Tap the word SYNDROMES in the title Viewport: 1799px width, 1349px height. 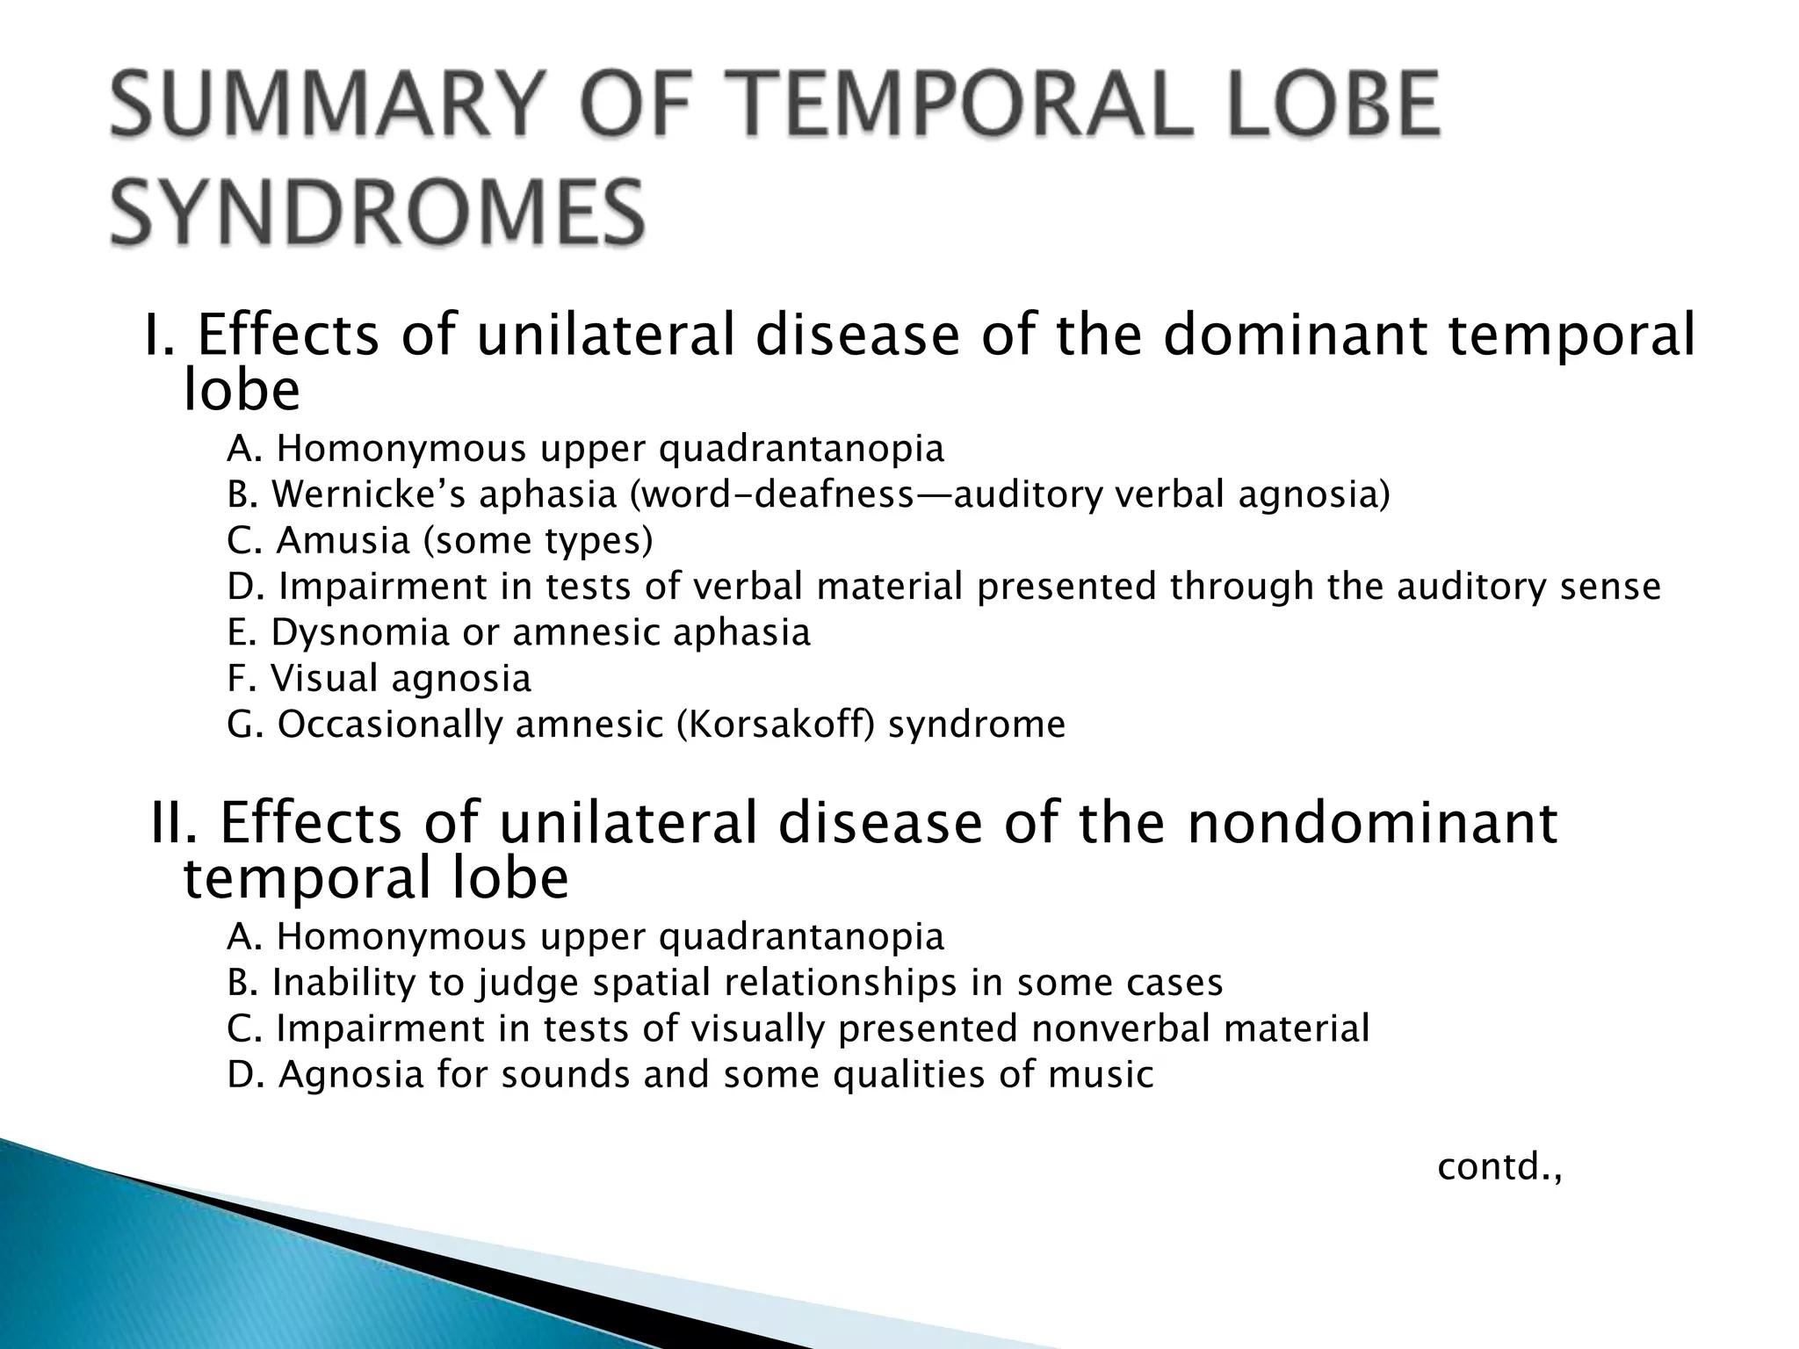[378, 213]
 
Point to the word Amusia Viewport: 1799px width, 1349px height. [343, 540]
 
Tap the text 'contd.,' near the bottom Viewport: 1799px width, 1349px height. [1500, 1167]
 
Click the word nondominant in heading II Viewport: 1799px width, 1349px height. [1372, 823]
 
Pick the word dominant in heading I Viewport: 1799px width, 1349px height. [1295, 335]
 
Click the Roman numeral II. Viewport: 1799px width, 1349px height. [177, 823]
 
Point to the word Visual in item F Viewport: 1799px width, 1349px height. [322, 678]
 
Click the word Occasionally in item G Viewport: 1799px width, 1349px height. [389, 725]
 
